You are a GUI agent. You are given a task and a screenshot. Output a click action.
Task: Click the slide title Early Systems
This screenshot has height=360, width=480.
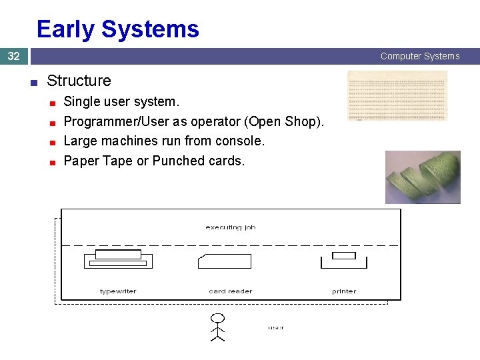click(117, 29)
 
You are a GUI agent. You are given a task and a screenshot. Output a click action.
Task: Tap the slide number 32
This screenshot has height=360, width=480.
click(13, 57)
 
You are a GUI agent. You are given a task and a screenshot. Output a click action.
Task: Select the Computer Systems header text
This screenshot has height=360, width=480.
click(420, 57)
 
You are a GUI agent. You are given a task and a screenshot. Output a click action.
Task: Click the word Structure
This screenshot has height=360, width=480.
click(79, 81)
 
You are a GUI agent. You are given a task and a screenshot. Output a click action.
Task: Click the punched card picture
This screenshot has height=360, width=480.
click(397, 96)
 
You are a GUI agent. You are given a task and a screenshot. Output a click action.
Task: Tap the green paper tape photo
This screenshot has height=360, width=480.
click(423, 177)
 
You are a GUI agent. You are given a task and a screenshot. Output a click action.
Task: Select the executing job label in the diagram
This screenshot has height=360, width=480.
click(231, 227)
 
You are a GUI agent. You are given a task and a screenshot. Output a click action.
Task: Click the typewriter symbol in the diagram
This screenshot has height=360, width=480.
click(118, 259)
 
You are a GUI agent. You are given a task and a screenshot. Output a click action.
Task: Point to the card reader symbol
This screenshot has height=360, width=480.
click(225, 261)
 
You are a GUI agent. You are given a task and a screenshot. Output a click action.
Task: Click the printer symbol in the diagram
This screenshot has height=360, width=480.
click(344, 259)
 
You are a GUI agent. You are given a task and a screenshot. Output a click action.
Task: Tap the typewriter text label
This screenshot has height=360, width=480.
click(118, 291)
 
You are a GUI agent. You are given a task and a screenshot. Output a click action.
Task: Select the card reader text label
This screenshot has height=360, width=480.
click(231, 291)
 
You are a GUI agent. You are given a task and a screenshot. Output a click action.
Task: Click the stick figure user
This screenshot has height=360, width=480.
click(217, 327)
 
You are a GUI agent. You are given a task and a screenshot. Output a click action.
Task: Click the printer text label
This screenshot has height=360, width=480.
click(344, 291)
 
